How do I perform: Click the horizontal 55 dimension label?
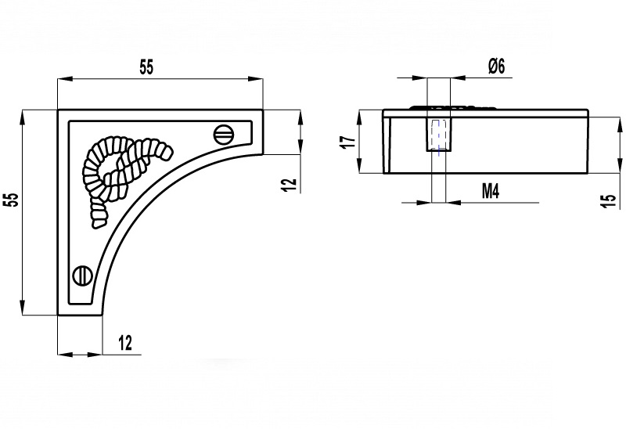pos(146,67)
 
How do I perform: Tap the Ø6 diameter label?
pos(497,66)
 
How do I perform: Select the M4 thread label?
pos(491,191)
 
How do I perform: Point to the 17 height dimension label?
pos(348,142)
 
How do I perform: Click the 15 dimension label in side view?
pos(608,200)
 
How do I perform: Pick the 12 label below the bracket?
pos(125,343)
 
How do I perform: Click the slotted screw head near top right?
pos(224,134)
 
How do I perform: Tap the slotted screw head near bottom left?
pos(83,276)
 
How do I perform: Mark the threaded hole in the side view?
pos(439,135)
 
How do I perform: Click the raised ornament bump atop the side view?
pos(453,107)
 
